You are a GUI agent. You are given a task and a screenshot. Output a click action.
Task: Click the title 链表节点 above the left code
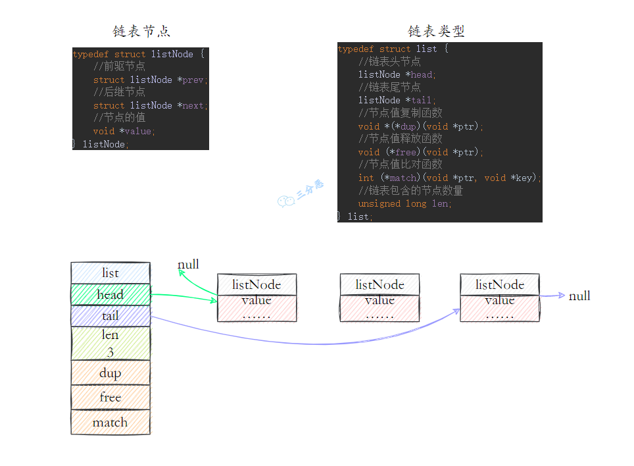click(141, 32)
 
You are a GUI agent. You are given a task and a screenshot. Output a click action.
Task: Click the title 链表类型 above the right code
click(436, 32)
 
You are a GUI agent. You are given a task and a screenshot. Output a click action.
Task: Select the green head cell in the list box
click(110, 294)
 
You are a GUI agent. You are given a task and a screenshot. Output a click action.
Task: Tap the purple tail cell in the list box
click(110, 316)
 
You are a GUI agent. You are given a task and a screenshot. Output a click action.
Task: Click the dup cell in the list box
click(110, 373)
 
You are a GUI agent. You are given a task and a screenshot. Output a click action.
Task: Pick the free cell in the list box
click(110, 397)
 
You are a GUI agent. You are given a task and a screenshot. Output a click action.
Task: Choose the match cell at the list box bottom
click(110, 422)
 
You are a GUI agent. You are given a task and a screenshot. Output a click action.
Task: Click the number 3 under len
click(110, 352)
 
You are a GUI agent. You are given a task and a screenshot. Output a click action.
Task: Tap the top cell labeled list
click(110, 272)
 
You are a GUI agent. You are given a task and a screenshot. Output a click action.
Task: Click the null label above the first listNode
click(188, 265)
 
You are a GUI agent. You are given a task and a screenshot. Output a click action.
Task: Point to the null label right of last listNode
click(579, 296)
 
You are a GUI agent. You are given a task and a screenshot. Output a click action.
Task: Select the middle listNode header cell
click(379, 284)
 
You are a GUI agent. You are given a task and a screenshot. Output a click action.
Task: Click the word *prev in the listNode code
click(192, 80)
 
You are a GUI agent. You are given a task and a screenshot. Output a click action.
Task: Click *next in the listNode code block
click(192, 105)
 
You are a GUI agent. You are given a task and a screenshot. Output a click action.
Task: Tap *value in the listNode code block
click(141, 131)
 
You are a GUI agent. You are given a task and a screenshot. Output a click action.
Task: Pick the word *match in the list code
click(401, 178)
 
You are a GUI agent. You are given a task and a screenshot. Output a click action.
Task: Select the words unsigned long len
click(404, 203)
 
